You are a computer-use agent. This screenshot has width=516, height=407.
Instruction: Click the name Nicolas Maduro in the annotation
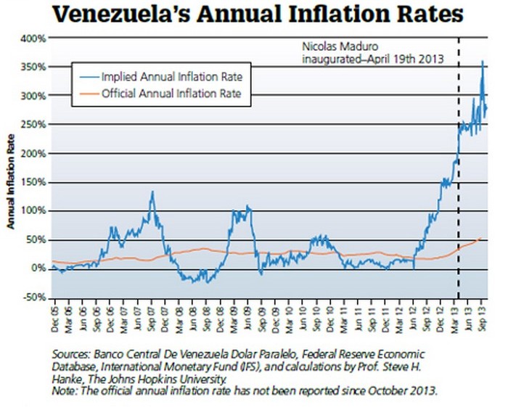tap(330, 43)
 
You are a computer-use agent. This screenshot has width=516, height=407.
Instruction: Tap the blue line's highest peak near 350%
tap(482, 62)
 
